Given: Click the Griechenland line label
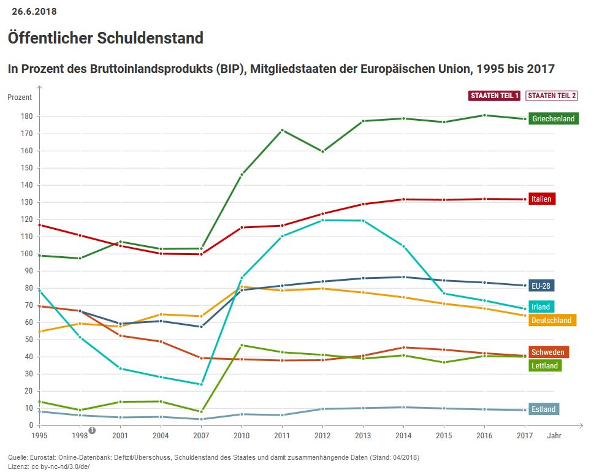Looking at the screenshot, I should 553,118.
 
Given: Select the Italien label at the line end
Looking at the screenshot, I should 542,199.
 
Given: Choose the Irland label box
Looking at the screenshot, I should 541,306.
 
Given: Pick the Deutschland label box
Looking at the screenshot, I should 552,320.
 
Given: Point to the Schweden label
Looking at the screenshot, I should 547,352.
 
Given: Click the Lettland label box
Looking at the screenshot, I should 544,365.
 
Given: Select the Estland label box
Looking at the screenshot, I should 543,409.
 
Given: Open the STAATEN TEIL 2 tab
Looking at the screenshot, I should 552,96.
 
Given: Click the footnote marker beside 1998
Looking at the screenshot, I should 92,430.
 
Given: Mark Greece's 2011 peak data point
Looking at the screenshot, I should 282,130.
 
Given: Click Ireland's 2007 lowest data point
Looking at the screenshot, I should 201,384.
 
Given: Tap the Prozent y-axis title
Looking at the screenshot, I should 20,97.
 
